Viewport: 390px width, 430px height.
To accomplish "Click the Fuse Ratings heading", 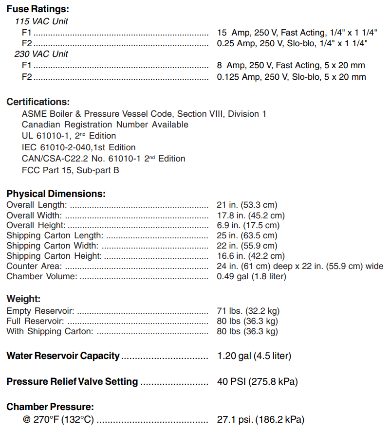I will point(37,9).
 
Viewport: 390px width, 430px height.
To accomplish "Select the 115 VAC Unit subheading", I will point(41,21).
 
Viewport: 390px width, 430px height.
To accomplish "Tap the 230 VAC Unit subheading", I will point(41,54).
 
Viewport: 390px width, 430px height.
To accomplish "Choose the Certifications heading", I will point(38,102).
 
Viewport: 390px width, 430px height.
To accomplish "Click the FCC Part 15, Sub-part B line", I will point(71,170).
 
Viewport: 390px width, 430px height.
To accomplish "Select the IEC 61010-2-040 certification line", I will point(79,147).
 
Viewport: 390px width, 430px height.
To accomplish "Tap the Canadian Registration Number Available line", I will point(105,125).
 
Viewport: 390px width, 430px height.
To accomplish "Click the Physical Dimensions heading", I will point(56,194).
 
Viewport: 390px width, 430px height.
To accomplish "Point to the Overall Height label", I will point(36,225).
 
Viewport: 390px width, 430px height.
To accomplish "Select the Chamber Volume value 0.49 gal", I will point(251,276).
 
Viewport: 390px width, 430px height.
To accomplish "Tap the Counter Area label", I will point(34,266).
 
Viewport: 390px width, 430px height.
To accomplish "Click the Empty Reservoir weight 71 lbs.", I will point(248,311).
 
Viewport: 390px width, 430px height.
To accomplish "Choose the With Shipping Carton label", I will point(50,331).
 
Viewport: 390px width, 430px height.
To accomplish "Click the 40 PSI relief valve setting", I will point(257,382).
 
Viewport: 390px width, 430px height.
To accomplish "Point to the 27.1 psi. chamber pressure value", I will point(260,419).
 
